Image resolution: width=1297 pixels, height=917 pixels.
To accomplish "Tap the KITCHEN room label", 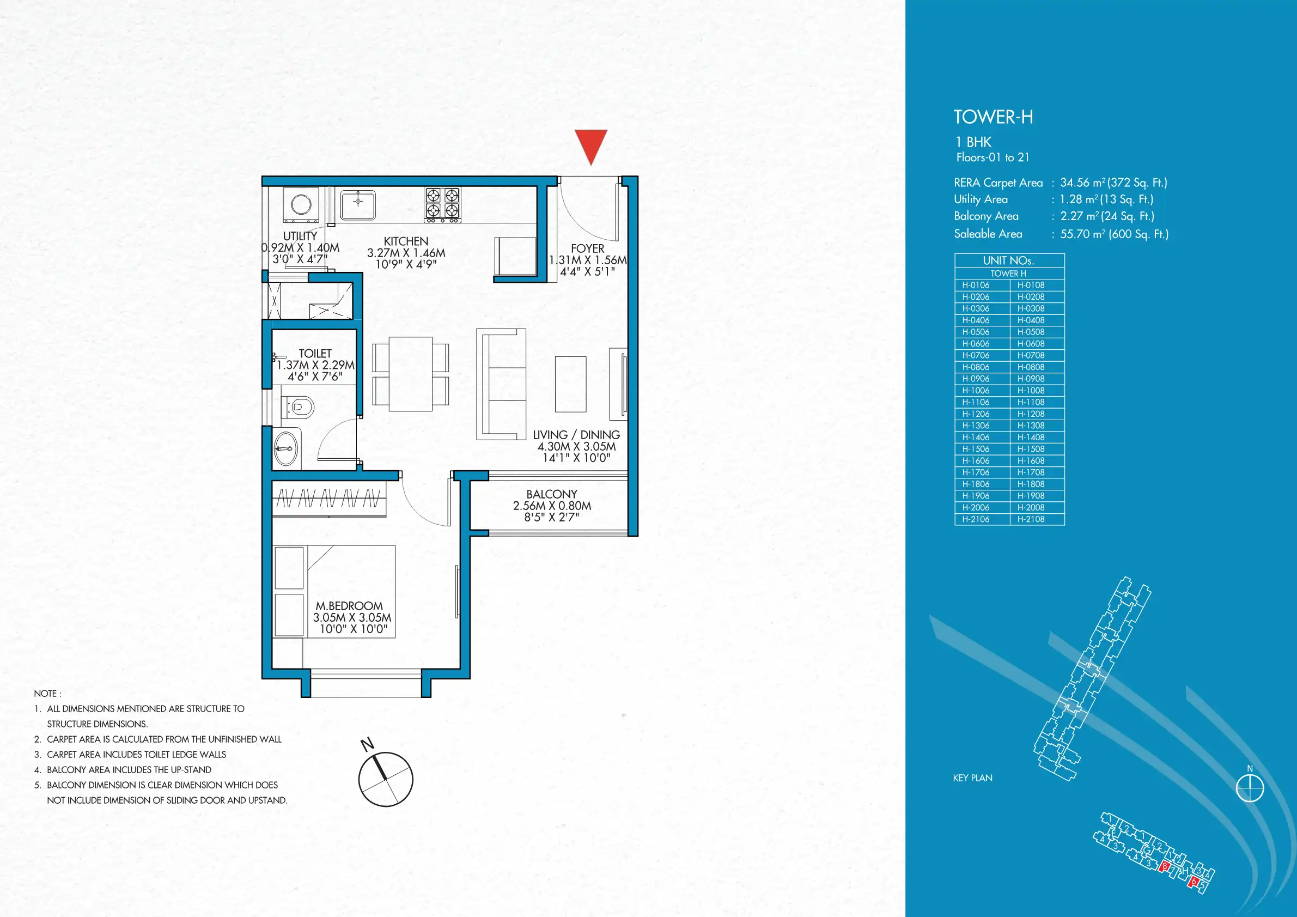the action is click(x=406, y=241).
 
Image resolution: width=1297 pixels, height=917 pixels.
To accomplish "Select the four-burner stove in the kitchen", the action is click(x=442, y=204).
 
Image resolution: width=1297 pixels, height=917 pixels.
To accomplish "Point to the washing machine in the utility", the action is click(x=301, y=204).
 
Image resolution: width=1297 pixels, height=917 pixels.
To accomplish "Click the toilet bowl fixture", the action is click(x=299, y=406).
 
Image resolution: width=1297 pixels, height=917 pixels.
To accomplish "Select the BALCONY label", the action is click(x=552, y=494).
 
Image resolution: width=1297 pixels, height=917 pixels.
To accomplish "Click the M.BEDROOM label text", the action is click(x=349, y=606).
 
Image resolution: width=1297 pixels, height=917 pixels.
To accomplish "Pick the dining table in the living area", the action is click(x=411, y=374).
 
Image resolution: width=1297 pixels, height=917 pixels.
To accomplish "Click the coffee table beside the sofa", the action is click(x=570, y=384).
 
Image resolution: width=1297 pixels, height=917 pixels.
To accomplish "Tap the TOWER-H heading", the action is click(x=994, y=117).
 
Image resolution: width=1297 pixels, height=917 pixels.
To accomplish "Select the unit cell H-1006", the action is click(x=976, y=391).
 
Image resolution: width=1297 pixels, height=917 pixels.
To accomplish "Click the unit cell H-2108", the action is click(x=1031, y=519).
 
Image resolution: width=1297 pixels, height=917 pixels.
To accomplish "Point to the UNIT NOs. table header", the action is click(x=1009, y=260).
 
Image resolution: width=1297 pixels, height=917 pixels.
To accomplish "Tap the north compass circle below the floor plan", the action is click(x=386, y=780).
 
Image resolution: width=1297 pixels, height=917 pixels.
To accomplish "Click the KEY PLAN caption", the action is click(x=973, y=778).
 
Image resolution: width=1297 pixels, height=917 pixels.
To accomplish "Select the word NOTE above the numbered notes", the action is click(x=45, y=693).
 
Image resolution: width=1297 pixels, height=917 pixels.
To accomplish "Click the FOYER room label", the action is click(x=588, y=248).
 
